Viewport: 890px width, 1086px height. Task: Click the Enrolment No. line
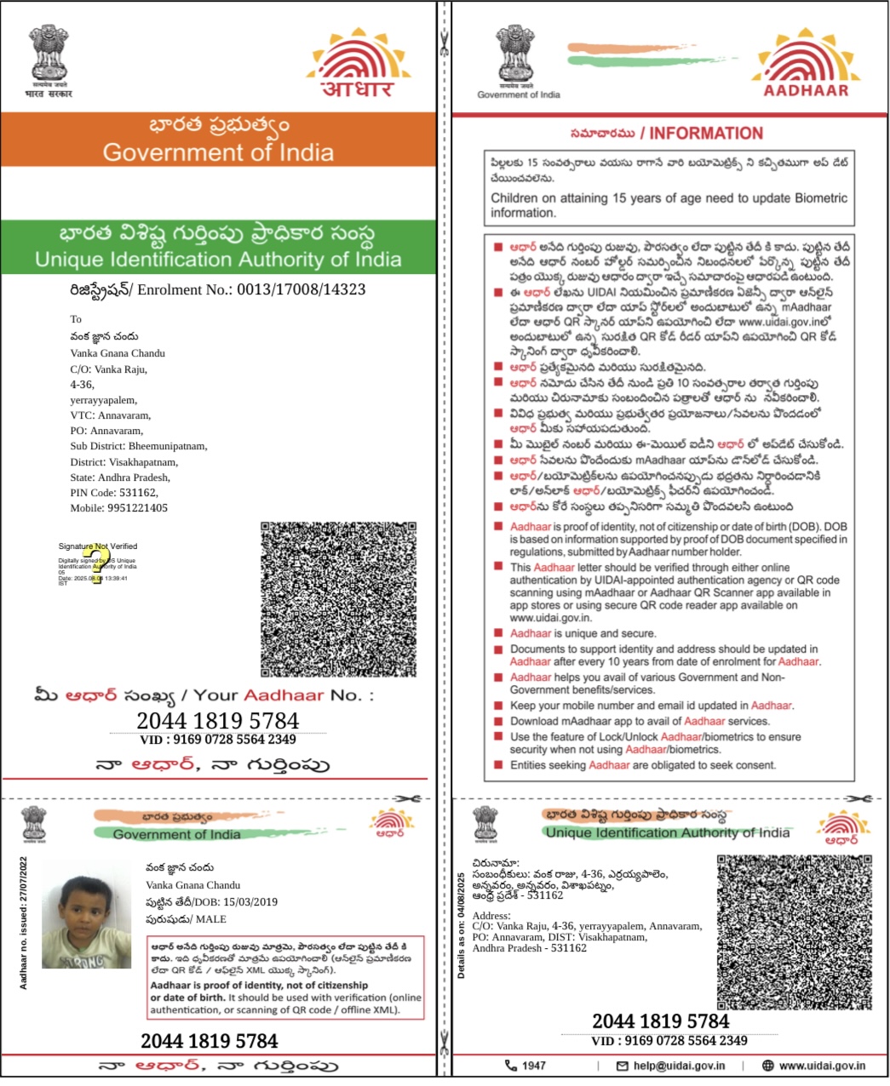coord(217,290)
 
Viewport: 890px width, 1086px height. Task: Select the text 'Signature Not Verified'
coord(97,546)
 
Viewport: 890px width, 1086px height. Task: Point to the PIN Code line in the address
coord(114,493)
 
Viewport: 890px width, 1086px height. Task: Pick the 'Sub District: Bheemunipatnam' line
coord(138,446)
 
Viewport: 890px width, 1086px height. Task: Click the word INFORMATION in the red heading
coord(706,134)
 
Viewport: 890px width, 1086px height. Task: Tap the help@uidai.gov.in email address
coord(679,1066)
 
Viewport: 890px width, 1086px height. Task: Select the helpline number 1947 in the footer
coord(534,1066)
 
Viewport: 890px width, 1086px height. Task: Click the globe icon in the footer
coord(767,1066)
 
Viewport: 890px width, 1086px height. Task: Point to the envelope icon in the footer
coord(622,1066)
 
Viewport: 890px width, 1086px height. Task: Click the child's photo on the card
coord(86,916)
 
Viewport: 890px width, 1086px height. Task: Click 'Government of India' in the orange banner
coord(218,153)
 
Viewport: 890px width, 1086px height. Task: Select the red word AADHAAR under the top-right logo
coord(806,91)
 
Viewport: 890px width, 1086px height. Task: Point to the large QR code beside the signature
coord(338,599)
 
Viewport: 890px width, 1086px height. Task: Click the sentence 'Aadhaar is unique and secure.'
coord(583,634)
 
